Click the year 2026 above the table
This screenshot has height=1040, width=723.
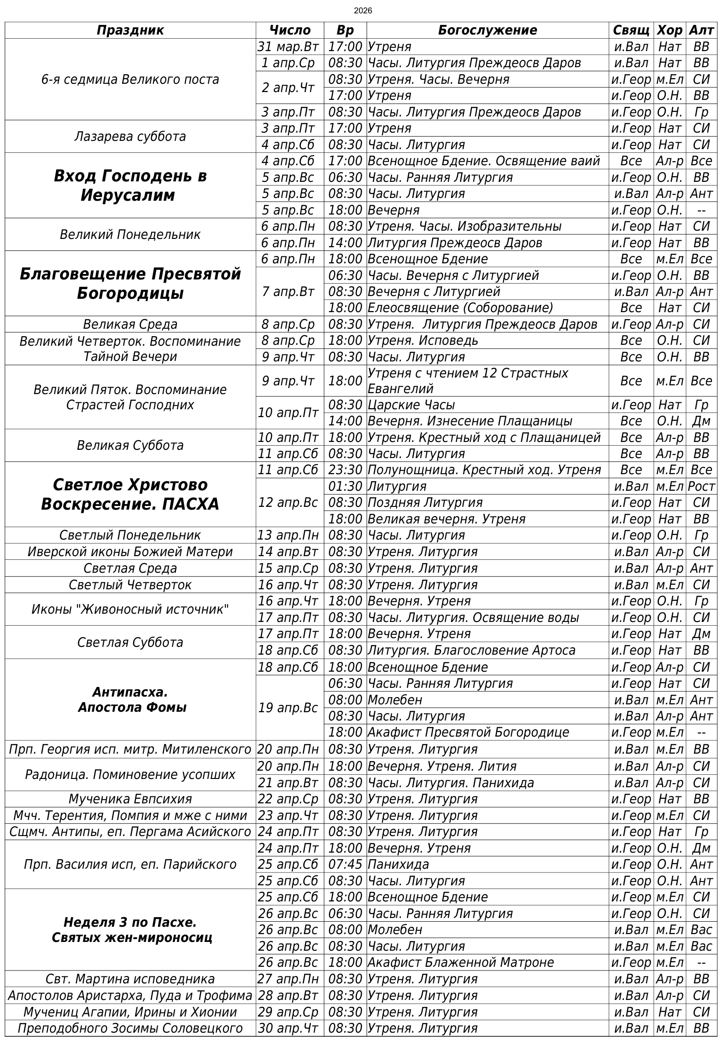[x=363, y=11]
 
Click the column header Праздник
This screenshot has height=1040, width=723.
[x=130, y=30]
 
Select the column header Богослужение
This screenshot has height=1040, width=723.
[x=487, y=30]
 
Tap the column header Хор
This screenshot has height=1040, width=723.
[x=669, y=30]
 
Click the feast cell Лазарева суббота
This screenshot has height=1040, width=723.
[x=130, y=137]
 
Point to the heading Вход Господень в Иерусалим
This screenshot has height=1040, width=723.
[x=130, y=186]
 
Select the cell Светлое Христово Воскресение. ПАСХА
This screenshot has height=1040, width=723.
[x=130, y=494]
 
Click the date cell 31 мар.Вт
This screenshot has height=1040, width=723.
[x=289, y=46]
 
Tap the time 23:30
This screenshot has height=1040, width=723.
[x=345, y=470]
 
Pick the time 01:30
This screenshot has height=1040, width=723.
[x=345, y=486]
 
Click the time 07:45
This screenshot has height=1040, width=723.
[x=345, y=865]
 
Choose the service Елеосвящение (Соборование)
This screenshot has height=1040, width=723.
[x=460, y=308]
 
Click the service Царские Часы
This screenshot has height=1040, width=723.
[x=411, y=405]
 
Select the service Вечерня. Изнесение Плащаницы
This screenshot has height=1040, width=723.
[x=470, y=421]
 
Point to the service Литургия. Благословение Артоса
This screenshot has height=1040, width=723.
[x=471, y=651]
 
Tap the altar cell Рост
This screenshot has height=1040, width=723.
[x=701, y=486]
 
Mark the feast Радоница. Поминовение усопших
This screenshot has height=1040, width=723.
[x=130, y=775]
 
